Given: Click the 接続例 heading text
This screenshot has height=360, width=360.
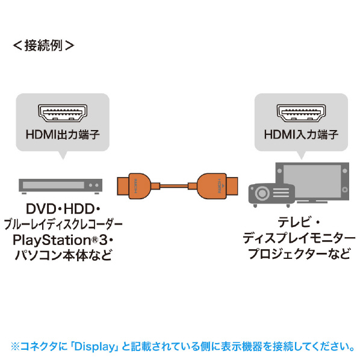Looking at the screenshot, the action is (43, 46).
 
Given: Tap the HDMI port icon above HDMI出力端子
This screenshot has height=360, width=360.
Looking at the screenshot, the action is (63, 113).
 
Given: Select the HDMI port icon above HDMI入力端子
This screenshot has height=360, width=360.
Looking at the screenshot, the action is (301, 113).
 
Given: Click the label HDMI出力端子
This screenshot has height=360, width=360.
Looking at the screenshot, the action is (63, 134).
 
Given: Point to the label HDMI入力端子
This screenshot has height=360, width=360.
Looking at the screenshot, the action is (301, 134).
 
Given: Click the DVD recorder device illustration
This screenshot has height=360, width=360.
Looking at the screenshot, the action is (61, 186).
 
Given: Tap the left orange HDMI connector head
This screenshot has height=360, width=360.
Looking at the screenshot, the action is (134, 186).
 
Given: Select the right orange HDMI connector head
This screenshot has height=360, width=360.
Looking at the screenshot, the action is (217, 186).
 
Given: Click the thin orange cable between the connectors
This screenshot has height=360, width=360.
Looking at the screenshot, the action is (174, 186).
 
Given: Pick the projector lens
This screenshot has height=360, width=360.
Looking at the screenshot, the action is (262, 193).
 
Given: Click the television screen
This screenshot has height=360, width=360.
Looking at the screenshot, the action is (312, 181).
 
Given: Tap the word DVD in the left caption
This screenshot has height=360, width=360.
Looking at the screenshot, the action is (41, 209).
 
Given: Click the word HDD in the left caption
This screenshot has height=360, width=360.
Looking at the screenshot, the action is (79, 209).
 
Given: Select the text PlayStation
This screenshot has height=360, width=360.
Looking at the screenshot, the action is (52, 240).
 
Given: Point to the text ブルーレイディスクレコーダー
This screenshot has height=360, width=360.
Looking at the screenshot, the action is (63, 225).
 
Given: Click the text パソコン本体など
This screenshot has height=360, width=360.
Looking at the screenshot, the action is (63, 255).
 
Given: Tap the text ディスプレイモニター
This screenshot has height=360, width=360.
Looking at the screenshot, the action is (299, 238).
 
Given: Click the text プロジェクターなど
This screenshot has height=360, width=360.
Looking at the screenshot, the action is (299, 253).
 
